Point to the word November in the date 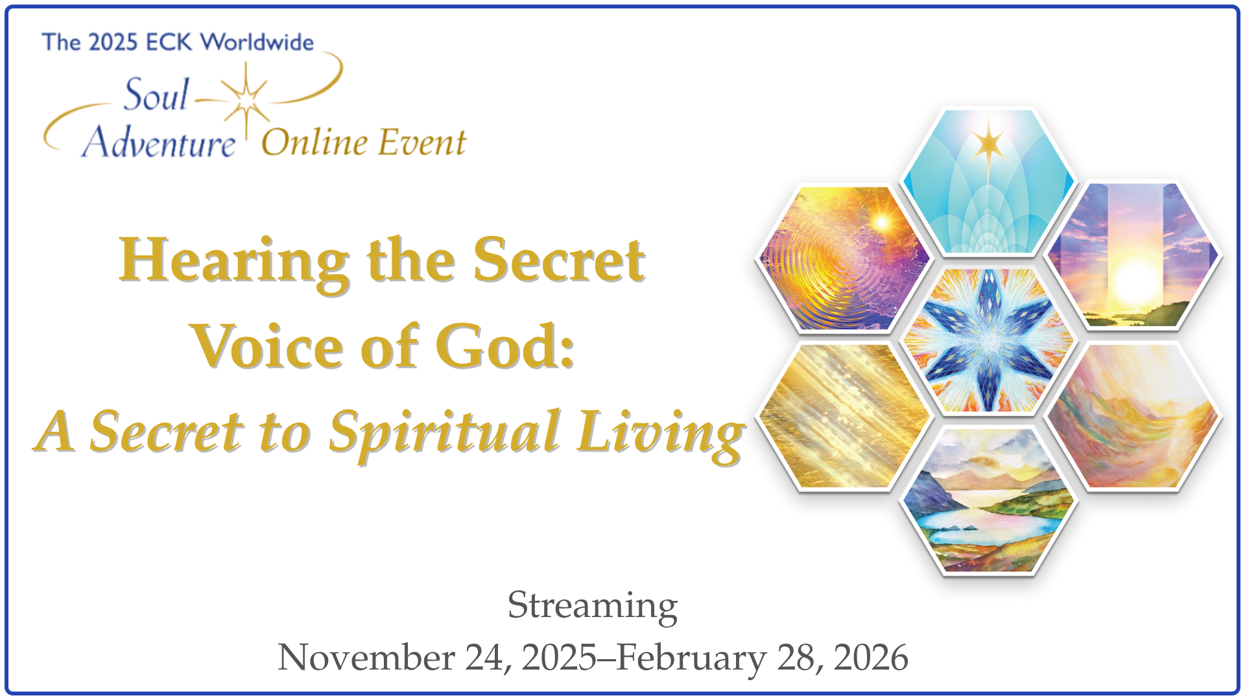click(366, 657)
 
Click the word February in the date click(691, 659)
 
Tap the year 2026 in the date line click(871, 657)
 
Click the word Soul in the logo click(156, 95)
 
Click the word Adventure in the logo click(159, 142)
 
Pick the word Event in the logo click(422, 142)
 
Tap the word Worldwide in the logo click(257, 42)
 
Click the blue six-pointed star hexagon click(988, 341)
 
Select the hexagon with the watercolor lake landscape click(988, 500)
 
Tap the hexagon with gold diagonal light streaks click(844, 416)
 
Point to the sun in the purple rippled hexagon click(882, 223)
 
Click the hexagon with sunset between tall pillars click(1133, 255)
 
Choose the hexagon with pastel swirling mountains click(1133, 416)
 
